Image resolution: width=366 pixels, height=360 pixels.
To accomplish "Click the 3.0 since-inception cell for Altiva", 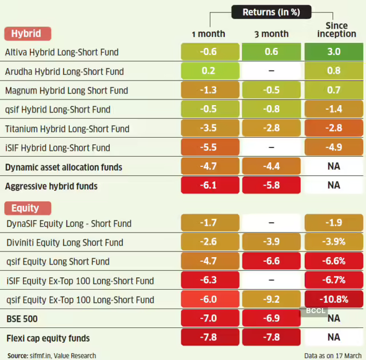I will pos(333,52).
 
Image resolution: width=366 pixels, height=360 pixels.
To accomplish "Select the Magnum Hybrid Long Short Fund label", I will pos(66,90).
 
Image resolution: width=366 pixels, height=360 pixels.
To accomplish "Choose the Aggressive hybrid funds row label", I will pos(51,186).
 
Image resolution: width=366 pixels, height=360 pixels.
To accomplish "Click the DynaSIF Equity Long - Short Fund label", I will pos(69,223).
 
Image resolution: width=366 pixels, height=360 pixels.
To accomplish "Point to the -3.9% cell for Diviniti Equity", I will pos(333,242).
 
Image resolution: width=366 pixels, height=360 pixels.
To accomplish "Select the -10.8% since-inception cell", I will pos(333,299).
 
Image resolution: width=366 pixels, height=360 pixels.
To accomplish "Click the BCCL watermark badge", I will pos(313,312).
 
